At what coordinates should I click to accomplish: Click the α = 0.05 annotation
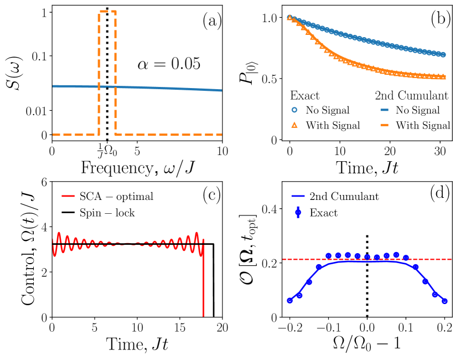(x=168, y=64)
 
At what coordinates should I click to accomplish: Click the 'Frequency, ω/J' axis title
(x=137, y=168)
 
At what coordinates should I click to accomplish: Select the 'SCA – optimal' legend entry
(x=117, y=197)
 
